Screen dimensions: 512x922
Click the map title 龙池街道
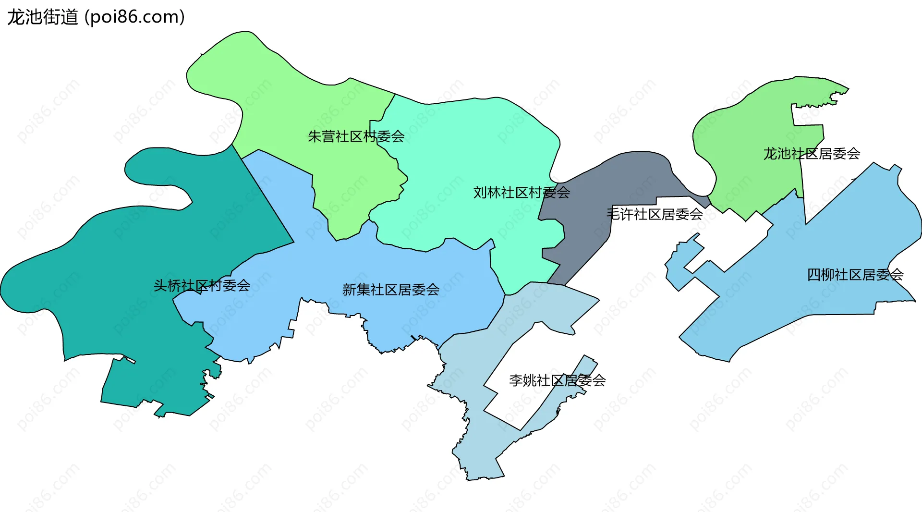(42, 17)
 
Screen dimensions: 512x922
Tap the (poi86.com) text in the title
(134, 17)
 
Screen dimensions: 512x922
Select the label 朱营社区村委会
(356, 137)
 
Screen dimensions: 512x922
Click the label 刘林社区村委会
(522, 193)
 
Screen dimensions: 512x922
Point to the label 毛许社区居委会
(655, 214)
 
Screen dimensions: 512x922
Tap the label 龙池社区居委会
(812, 154)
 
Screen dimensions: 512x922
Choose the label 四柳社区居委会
(855, 275)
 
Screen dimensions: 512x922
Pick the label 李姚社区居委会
(557, 380)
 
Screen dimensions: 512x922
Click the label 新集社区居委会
(391, 290)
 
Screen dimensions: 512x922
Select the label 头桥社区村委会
(202, 286)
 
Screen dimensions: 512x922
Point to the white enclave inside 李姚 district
(519, 384)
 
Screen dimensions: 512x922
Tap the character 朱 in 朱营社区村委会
(315, 137)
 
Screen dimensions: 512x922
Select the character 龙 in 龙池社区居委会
(770, 154)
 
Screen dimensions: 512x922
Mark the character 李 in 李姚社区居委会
(516, 380)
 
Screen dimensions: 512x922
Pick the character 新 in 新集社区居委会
(349, 290)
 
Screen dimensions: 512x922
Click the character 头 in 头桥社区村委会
(160, 286)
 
